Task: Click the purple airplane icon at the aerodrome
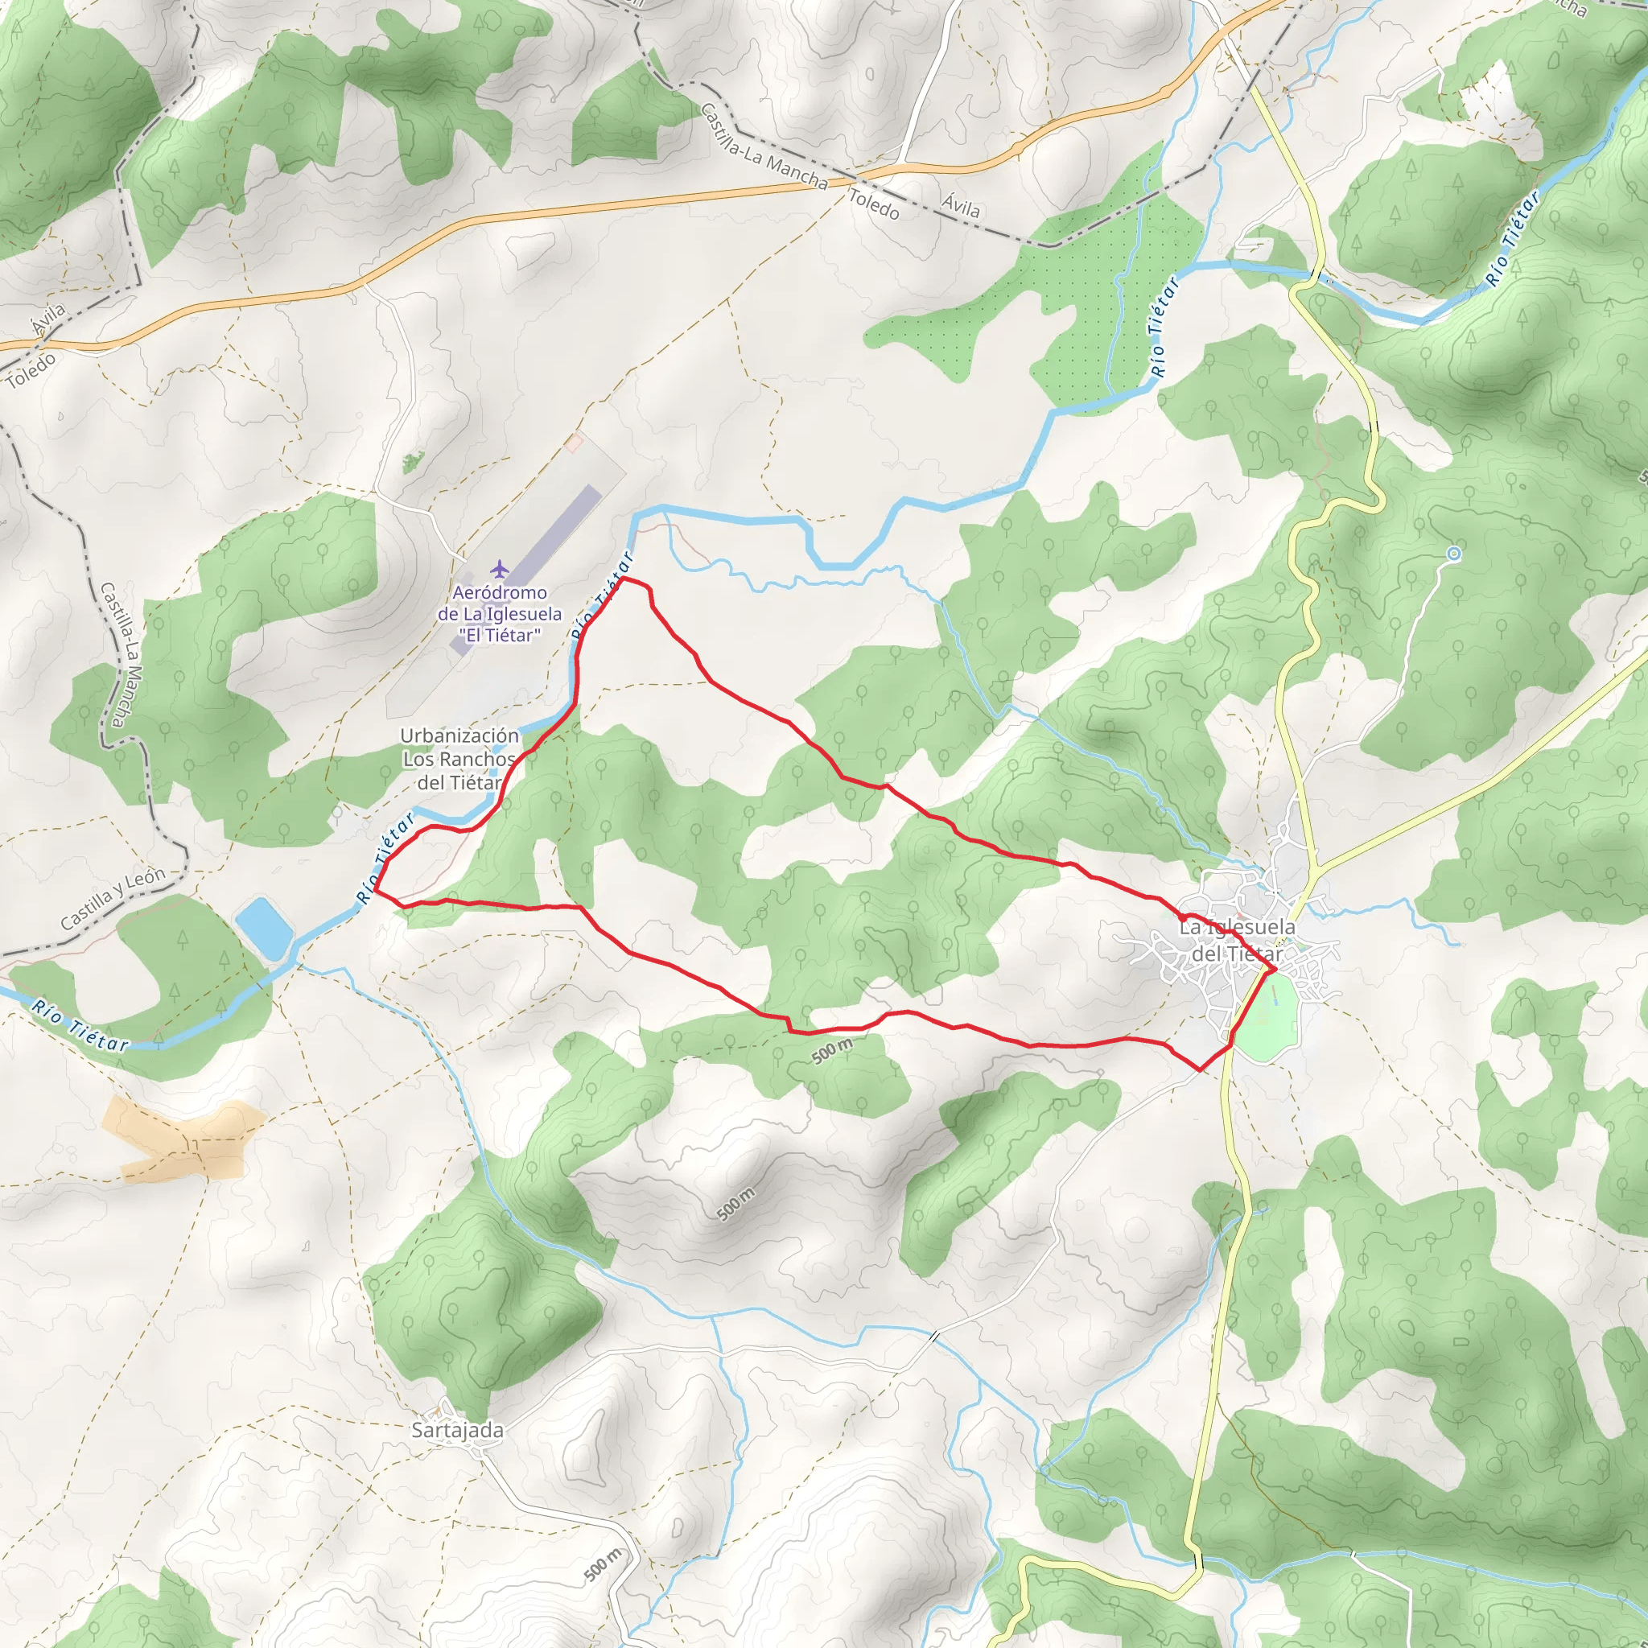point(499,568)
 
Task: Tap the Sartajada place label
point(457,1431)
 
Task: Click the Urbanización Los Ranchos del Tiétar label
point(459,758)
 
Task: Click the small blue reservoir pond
point(264,927)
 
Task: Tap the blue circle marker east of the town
point(1454,554)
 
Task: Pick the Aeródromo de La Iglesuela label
point(500,613)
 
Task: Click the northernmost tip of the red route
point(625,579)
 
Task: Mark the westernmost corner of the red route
point(375,891)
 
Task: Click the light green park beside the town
point(1268,1018)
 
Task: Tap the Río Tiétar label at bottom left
point(80,1025)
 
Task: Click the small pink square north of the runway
point(573,442)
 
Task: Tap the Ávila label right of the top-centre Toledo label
point(961,204)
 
